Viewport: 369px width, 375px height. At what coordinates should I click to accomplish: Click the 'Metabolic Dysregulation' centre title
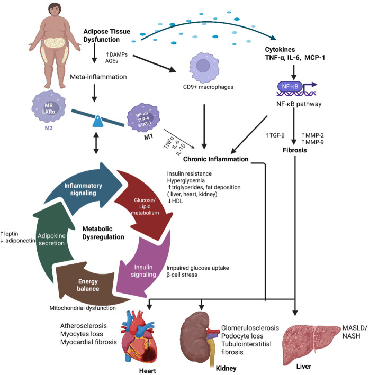pyautogui.click(x=103, y=232)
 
